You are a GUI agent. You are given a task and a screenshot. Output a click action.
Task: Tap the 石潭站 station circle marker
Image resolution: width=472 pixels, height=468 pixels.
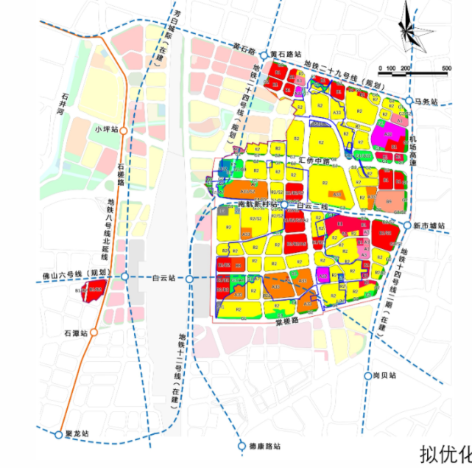click(x=94, y=332)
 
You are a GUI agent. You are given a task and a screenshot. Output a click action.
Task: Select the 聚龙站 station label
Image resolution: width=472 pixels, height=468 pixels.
click(x=77, y=434)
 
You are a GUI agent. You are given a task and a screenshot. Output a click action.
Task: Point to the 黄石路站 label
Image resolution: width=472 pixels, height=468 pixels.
click(x=286, y=54)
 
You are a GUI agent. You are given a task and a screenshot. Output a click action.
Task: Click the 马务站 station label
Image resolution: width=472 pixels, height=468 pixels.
click(x=426, y=100)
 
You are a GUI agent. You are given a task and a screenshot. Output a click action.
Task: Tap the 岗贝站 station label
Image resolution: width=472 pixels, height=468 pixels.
click(x=384, y=375)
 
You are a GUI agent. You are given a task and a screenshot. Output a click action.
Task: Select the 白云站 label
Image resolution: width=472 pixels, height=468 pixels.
click(x=163, y=279)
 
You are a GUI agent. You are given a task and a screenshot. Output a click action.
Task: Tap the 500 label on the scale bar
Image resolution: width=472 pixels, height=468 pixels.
click(x=446, y=69)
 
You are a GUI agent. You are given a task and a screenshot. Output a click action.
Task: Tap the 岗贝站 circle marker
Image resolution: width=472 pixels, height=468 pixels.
click(x=367, y=375)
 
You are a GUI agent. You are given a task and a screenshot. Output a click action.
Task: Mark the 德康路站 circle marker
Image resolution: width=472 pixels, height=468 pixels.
click(x=241, y=446)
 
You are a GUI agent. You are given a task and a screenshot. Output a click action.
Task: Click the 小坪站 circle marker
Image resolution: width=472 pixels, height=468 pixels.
click(x=124, y=130)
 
